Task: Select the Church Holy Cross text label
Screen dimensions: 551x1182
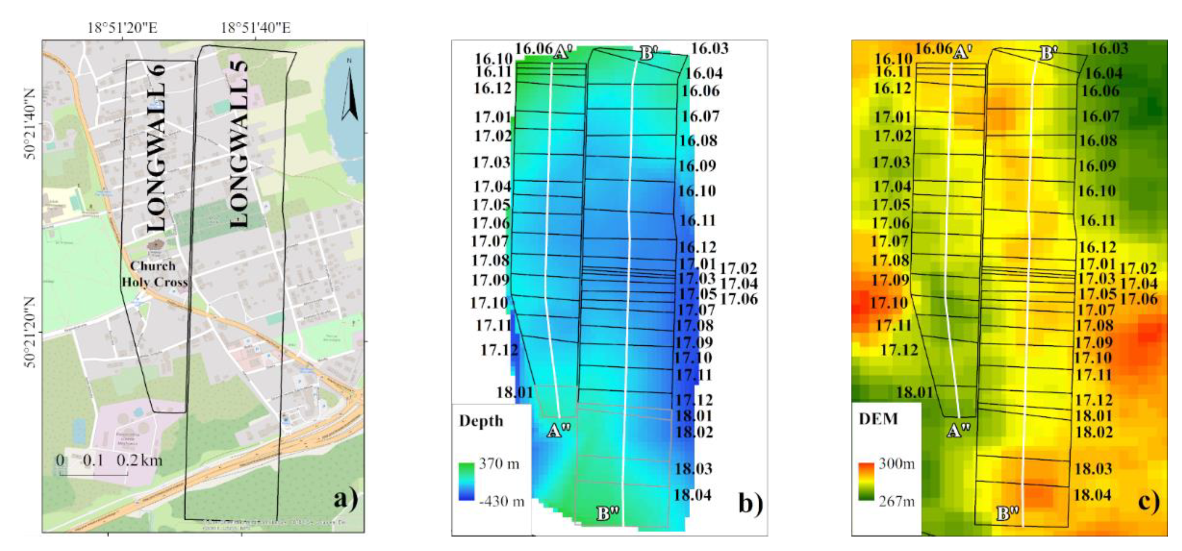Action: click(154, 274)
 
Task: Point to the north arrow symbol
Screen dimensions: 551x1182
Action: click(349, 94)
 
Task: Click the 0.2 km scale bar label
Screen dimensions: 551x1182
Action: click(139, 460)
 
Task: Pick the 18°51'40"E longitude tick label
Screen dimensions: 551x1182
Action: click(255, 28)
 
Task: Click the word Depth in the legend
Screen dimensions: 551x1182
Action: click(481, 421)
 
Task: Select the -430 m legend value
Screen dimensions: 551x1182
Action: click(501, 501)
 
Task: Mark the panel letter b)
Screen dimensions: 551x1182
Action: click(751, 503)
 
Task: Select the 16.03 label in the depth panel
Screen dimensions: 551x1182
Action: click(710, 48)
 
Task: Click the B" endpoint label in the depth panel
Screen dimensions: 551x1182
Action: click(608, 513)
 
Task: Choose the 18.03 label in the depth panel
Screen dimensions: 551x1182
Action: click(693, 468)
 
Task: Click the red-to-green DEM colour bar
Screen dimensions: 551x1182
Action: click(866, 481)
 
